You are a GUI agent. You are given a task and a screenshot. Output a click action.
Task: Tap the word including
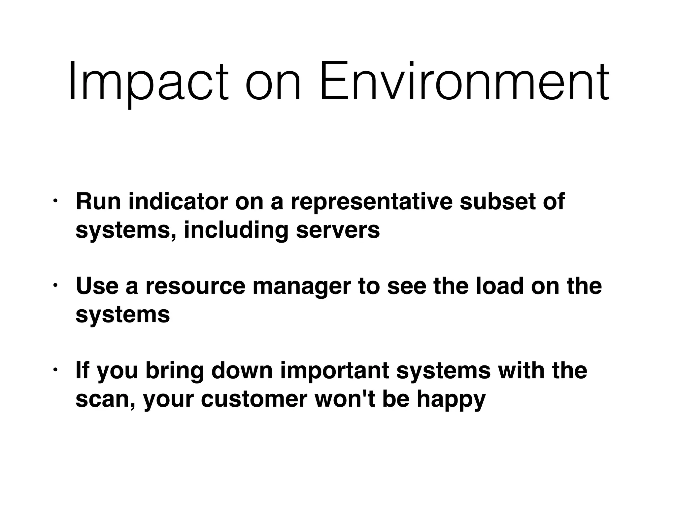(236, 230)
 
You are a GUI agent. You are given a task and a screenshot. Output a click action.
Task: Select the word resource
(196, 286)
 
